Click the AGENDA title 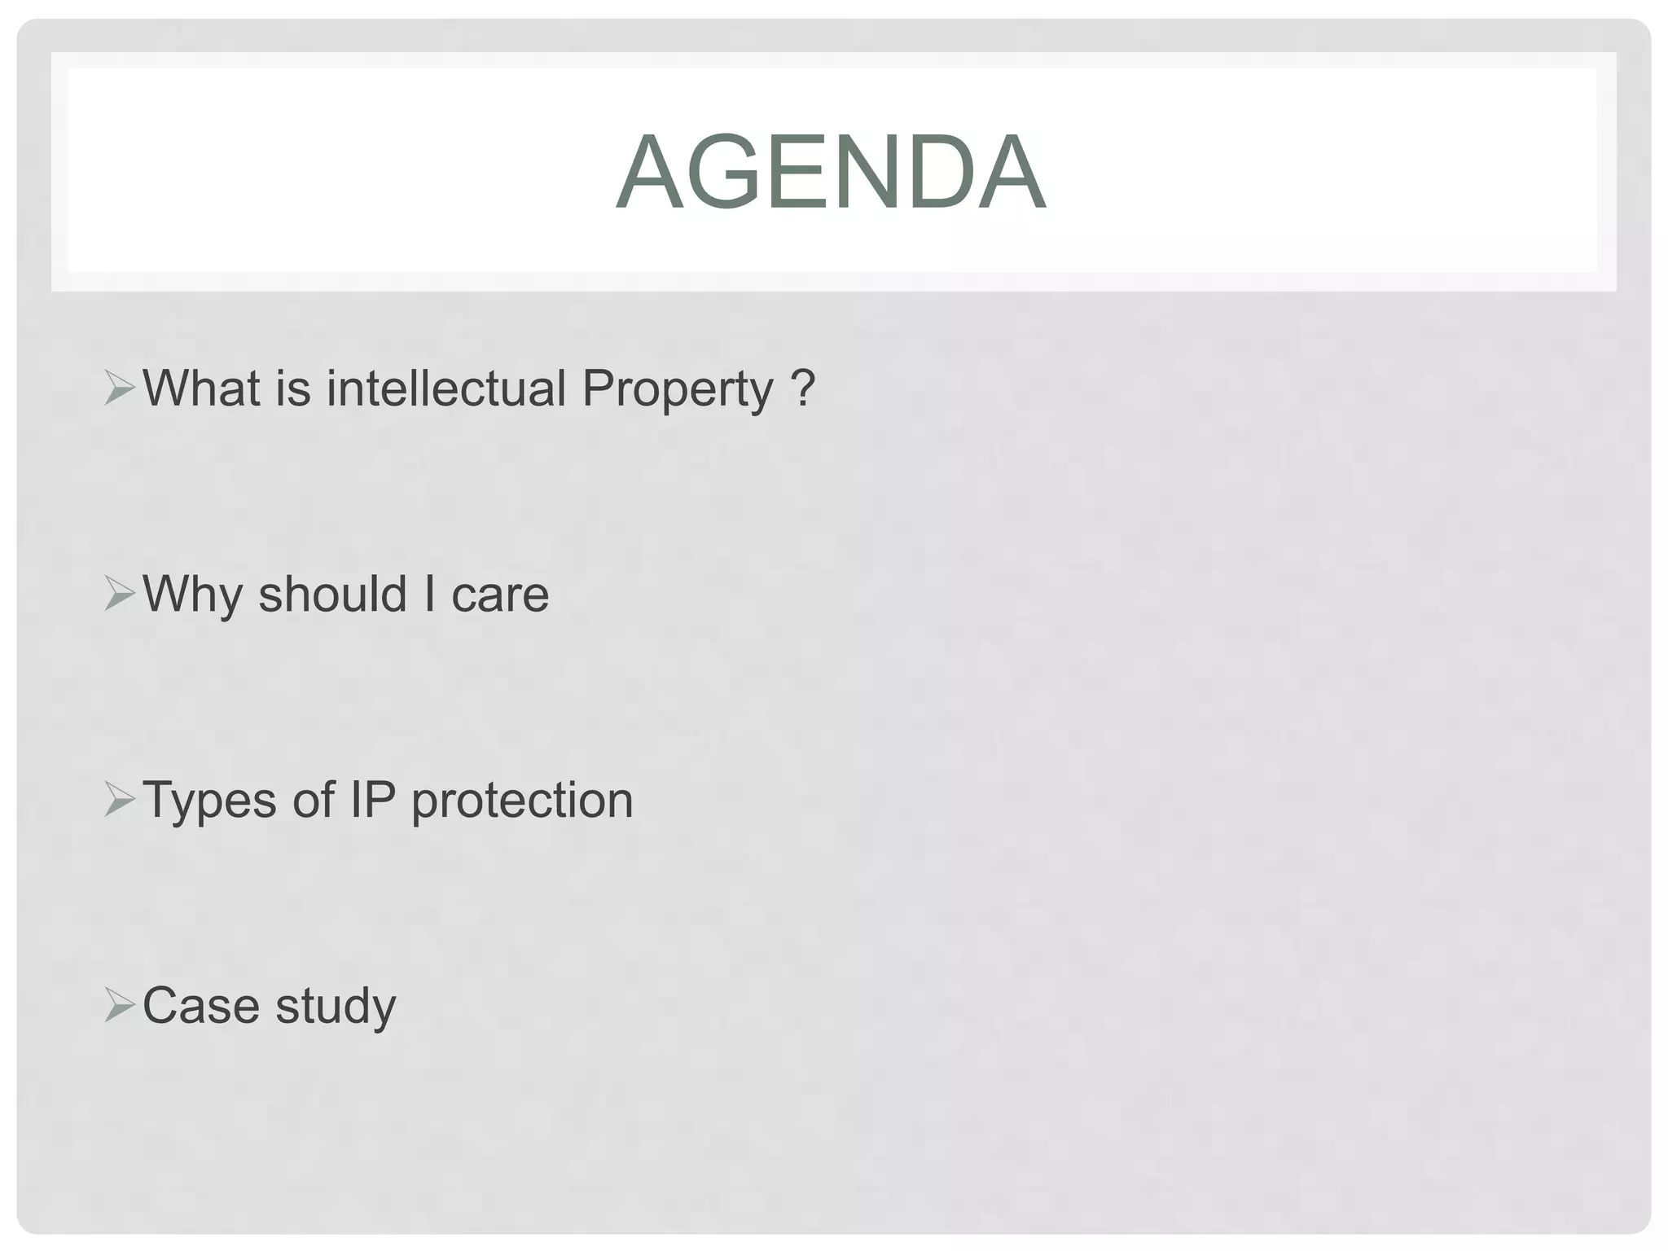click(x=831, y=173)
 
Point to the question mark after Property click(x=802, y=388)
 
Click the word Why click(x=193, y=595)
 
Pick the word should click(x=332, y=594)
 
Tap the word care click(x=500, y=595)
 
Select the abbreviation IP click(x=373, y=800)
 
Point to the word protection click(x=522, y=801)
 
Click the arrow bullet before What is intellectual click(x=120, y=389)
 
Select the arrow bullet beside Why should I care click(x=120, y=595)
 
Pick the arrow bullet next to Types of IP click(x=120, y=801)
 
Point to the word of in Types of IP click(x=314, y=800)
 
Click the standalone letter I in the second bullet click(x=429, y=594)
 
